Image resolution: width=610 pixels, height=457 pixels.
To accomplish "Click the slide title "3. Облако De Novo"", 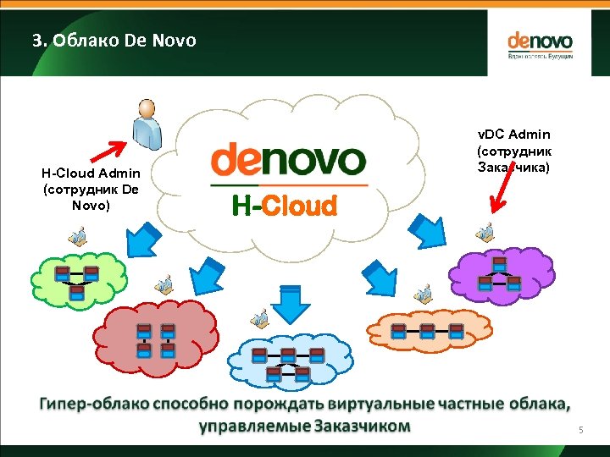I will coord(114,40).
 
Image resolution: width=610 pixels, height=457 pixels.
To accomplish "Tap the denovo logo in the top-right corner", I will coord(540,45).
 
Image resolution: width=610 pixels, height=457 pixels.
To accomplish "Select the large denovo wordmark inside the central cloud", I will coord(288,160).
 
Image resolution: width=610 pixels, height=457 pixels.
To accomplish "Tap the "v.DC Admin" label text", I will coord(513,134).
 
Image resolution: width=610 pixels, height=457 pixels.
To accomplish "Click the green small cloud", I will coord(76,278).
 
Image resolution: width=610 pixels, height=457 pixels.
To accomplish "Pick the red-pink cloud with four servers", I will coord(158,339).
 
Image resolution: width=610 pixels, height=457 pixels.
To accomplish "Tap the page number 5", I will coord(581,431).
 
